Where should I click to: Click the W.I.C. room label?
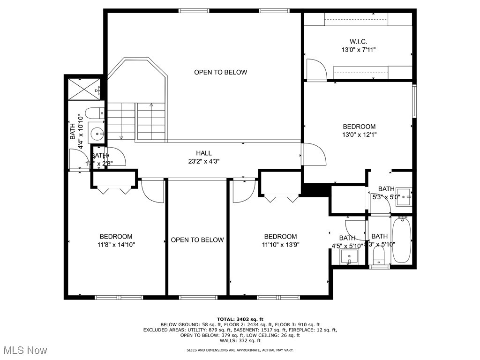pyautogui.click(x=359, y=41)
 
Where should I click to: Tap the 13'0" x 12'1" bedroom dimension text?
pyautogui.click(x=359, y=135)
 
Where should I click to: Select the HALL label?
pyautogui.click(x=204, y=153)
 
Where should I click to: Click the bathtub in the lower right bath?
pyautogui.click(x=401, y=240)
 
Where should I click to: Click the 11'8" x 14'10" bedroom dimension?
pyautogui.click(x=116, y=244)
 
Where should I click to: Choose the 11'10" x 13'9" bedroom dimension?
pyautogui.click(x=280, y=244)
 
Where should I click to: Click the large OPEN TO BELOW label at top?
pyautogui.click(x=220, y=72)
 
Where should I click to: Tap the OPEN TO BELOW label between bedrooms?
pyautogui.click(x=197, y=240)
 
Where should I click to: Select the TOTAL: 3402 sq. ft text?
pyautogui.click(x=240, y=319)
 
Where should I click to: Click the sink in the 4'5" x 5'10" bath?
pyautogui.click(x=348, y=256)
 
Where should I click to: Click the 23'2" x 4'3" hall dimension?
pyautogui.click(x=204, y=161)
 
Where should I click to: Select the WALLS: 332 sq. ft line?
pyautogui.click(x=240, y=341)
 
